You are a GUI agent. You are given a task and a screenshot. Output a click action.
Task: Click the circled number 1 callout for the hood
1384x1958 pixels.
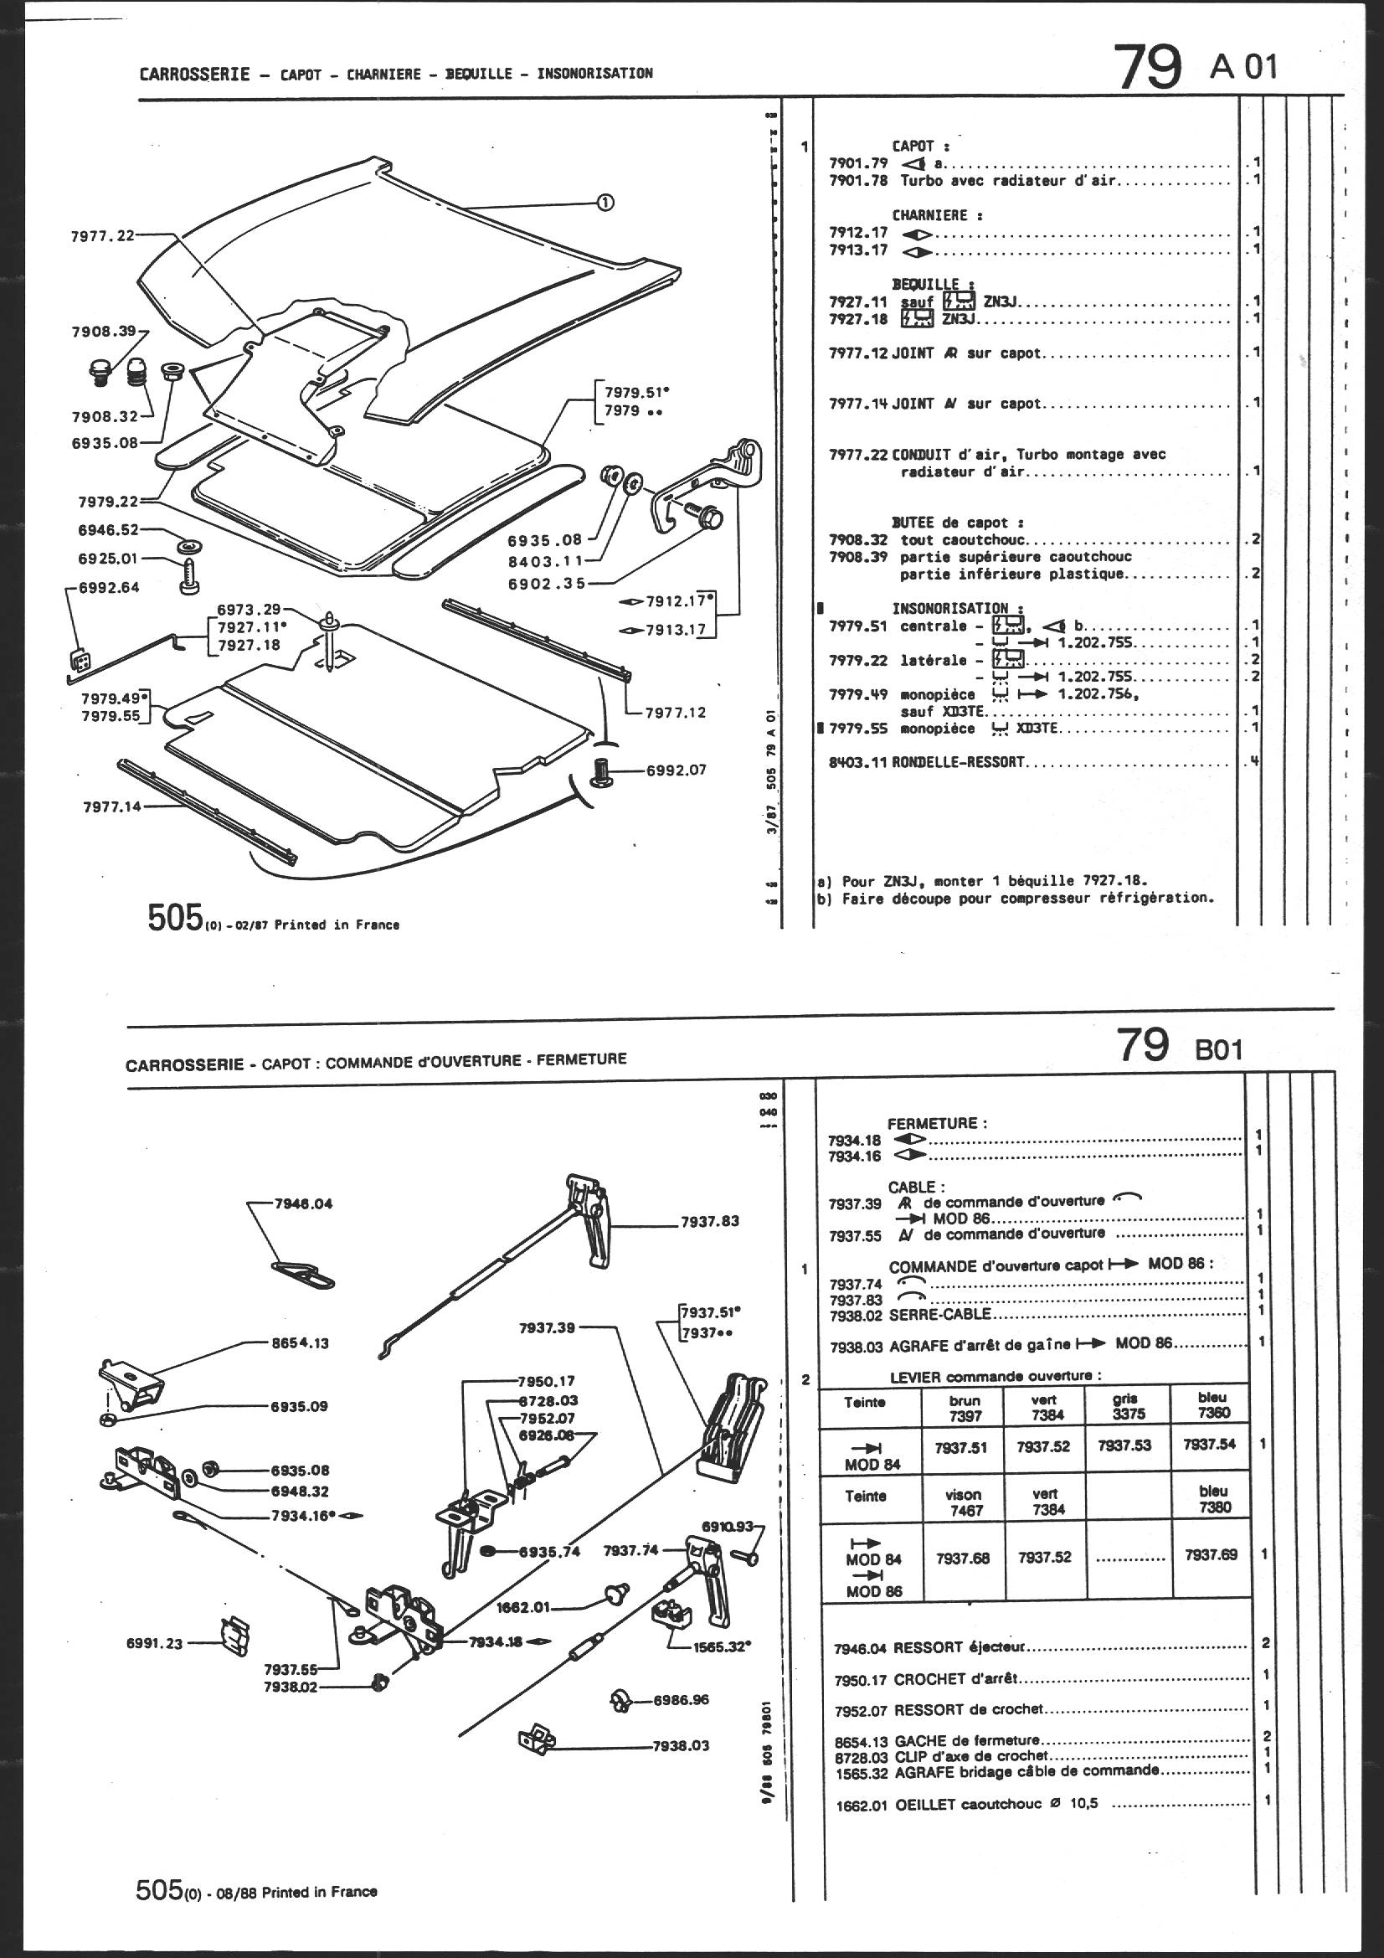tap(604, 202)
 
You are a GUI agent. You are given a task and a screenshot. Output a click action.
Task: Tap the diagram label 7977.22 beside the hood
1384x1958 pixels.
tap(102, 236)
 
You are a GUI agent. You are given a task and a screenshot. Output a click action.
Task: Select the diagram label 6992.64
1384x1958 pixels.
tap(108, 588)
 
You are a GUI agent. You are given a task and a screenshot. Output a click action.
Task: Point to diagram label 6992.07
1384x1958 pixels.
tap(677, 770)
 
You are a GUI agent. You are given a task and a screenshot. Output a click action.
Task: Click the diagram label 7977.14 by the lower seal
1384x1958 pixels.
tap(112, 806)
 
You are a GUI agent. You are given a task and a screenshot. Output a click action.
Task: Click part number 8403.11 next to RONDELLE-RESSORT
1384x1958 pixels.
tap(858, 762)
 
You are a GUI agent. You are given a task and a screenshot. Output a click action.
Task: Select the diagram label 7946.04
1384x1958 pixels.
tap(304, 1204)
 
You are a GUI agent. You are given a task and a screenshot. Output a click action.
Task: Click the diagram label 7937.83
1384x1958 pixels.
tap(709, 1221)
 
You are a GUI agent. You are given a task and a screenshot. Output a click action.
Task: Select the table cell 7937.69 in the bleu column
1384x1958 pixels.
tap(1211, 1554)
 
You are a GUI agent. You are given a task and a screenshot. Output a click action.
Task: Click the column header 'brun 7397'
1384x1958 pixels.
tap(965, 1408)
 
